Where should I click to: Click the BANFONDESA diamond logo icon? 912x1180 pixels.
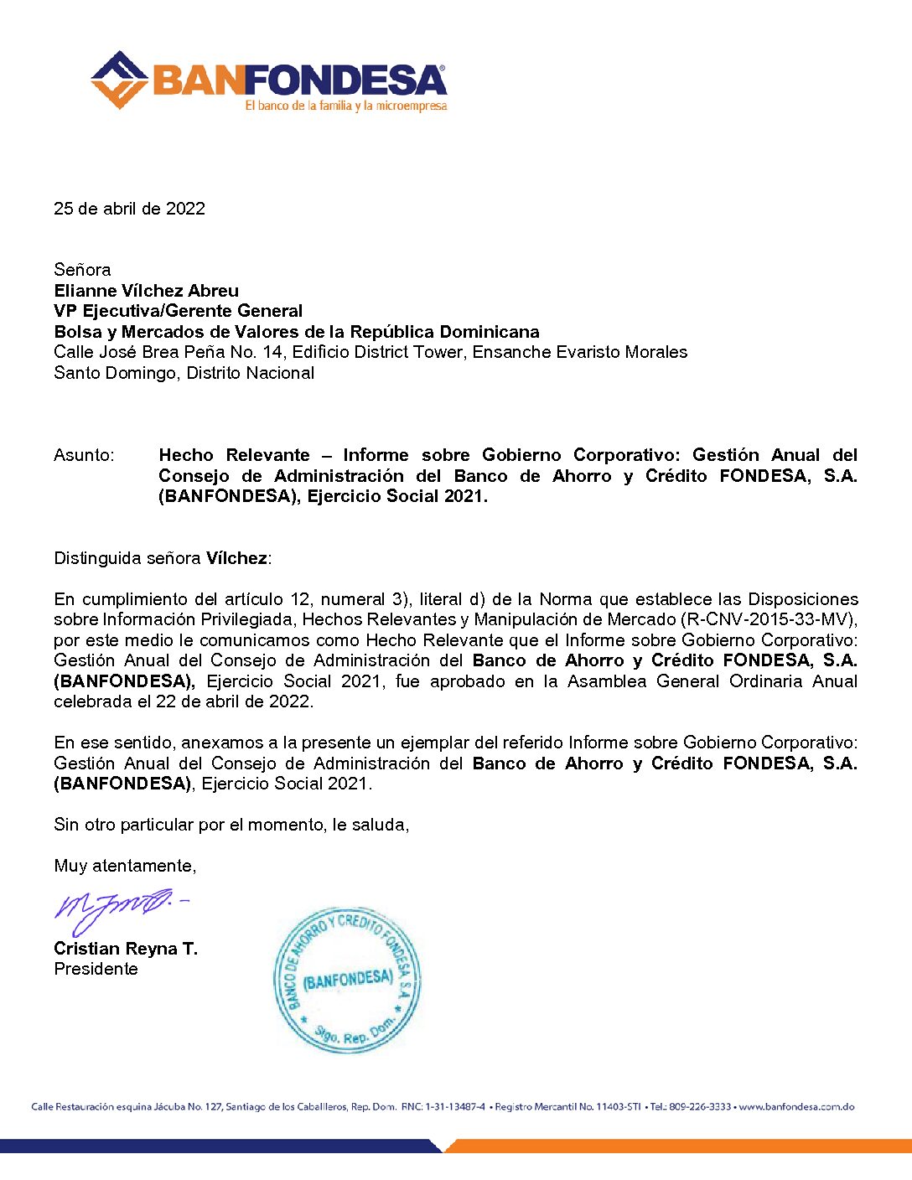[119, 80]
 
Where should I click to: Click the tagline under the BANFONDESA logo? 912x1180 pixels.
[345, 106]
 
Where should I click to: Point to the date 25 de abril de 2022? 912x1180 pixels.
[129, 209]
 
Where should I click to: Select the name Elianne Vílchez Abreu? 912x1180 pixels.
[146, 291]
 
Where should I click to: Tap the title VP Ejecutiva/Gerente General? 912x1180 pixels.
[178, 311]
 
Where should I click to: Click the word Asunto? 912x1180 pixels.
[84, 455]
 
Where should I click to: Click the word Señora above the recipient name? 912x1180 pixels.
[82, 270]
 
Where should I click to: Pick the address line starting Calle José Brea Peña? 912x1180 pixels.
[370, 352]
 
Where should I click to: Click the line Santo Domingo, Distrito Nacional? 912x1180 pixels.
[184, 373]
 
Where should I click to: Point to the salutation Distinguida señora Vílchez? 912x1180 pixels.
[163, 558]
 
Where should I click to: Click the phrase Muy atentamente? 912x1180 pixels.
[125, 866]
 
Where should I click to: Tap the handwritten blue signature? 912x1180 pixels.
[117, 908]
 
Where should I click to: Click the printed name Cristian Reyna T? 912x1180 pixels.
[126, 949]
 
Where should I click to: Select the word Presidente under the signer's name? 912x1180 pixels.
[96, 969]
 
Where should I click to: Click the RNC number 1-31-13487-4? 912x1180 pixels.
[454, 1107]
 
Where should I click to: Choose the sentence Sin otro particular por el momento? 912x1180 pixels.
[231, 825]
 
